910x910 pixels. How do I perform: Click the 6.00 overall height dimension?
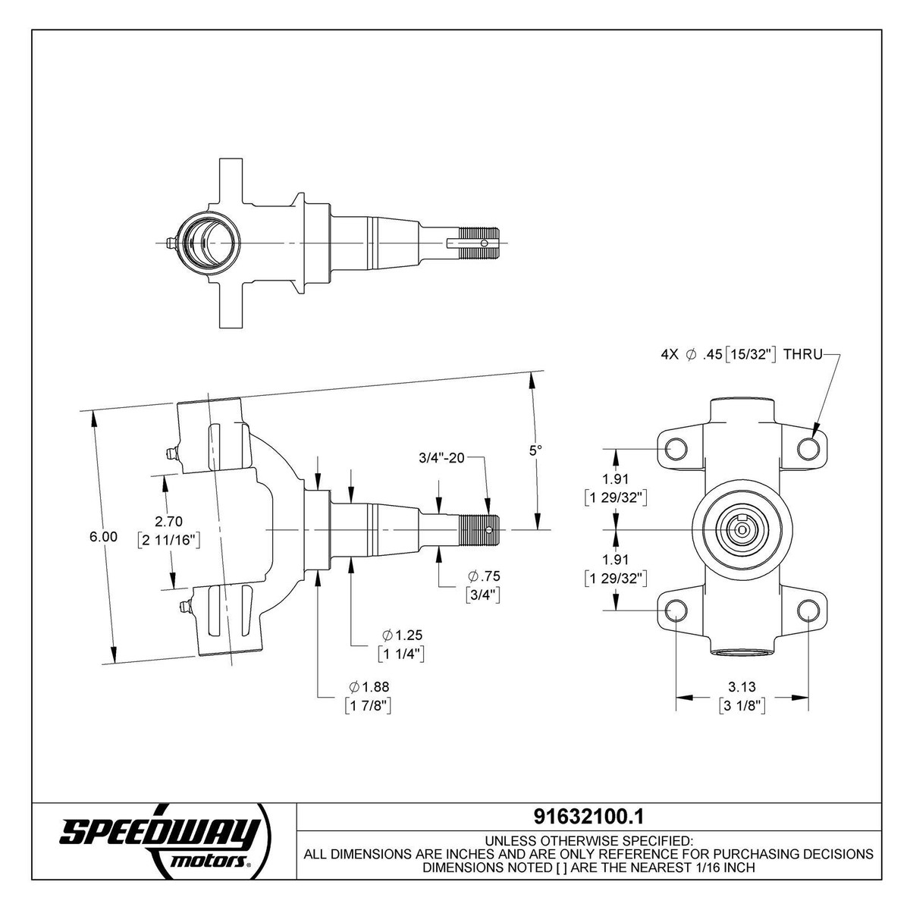[103, 536]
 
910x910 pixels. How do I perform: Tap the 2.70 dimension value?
[168, 522]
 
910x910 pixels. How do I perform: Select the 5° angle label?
[535, 450]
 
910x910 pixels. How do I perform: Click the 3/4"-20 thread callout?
[441, 458]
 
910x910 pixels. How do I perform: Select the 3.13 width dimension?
[741, 686]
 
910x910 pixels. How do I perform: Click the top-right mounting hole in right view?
[809, 448]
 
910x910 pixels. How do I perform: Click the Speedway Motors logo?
[161, 840]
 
